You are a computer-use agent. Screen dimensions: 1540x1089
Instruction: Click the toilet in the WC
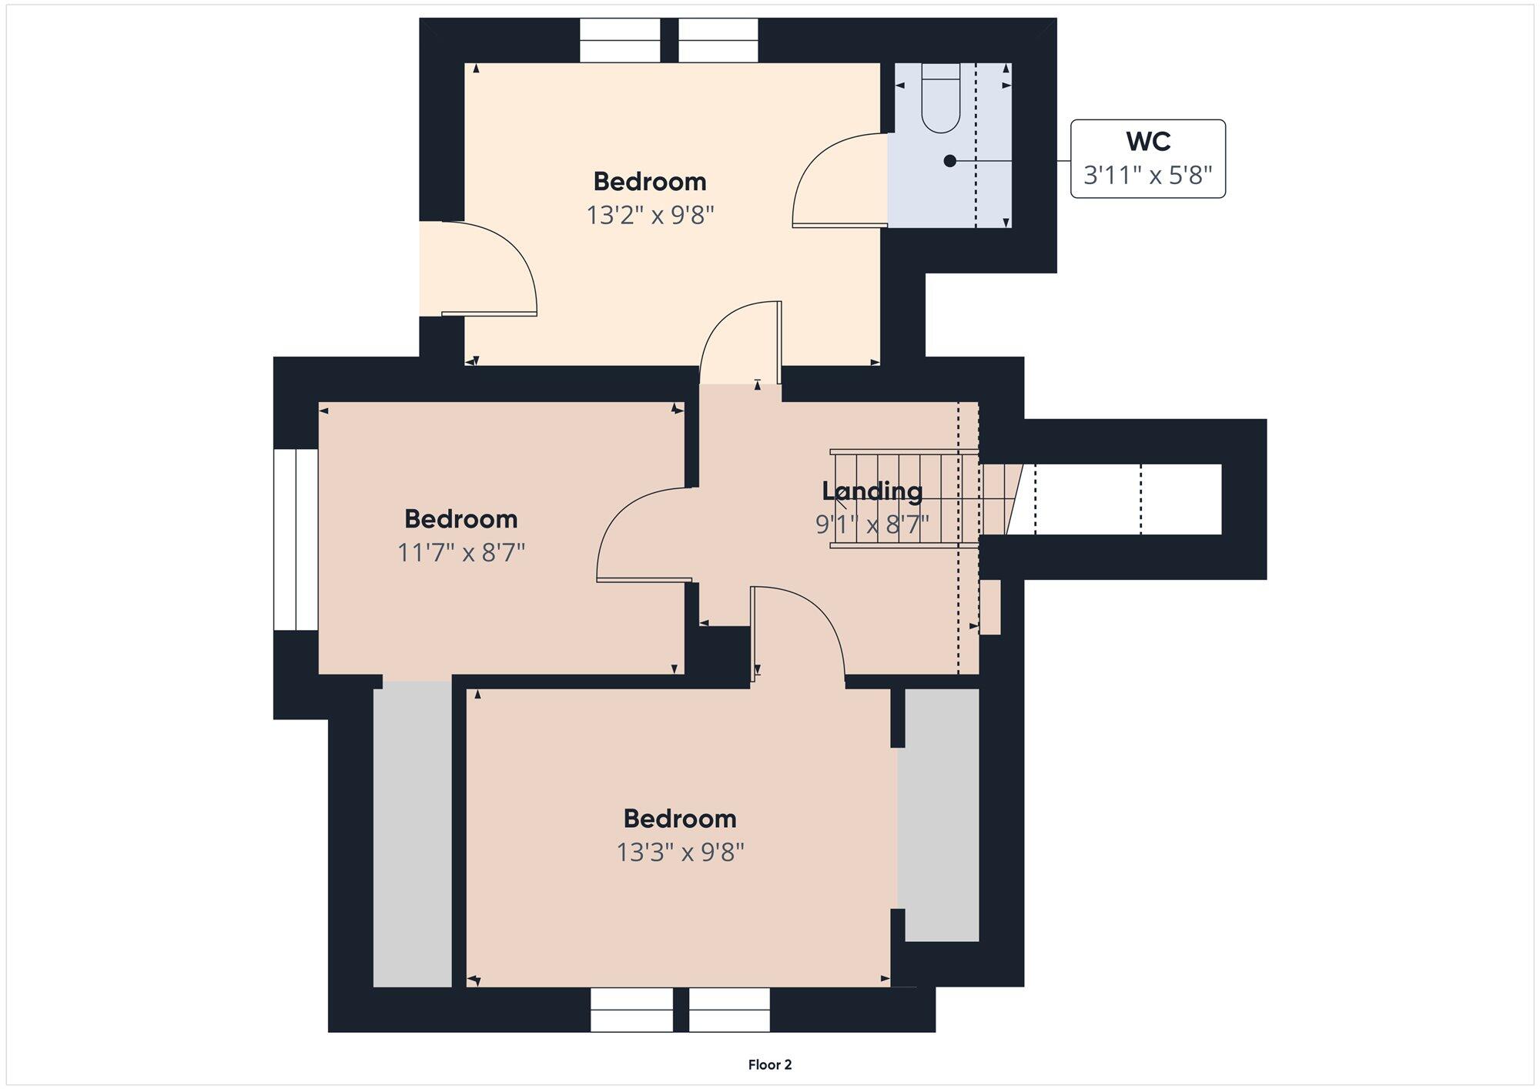point(941,98)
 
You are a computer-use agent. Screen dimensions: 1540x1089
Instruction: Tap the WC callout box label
point(1148,159)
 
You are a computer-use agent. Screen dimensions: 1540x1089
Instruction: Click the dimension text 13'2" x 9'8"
point(651,215)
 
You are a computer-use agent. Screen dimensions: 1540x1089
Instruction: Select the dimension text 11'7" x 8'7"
point(460,552)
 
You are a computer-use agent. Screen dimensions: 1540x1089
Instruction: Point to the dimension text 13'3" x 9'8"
point(680,852)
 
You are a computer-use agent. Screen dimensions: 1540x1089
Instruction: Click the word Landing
point(872,491)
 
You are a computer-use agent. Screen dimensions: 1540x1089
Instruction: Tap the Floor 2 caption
point(770,1065)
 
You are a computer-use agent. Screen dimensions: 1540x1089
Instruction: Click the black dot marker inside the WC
point(950,161)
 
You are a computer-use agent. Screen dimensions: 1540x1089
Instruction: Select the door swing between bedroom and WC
point(840,180)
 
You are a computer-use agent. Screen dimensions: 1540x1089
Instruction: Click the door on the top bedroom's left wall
point(489,269)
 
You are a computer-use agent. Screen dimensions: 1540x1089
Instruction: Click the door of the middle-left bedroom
point(644,534)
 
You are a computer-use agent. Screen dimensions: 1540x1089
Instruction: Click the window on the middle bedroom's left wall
point(296,540)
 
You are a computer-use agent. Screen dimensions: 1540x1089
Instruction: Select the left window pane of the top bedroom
point(620,40)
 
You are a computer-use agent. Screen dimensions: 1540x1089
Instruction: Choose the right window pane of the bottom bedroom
point(729,1010)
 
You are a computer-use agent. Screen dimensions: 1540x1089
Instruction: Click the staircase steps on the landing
point(904,499)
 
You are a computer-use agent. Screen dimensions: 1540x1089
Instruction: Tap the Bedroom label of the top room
point(650,182)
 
